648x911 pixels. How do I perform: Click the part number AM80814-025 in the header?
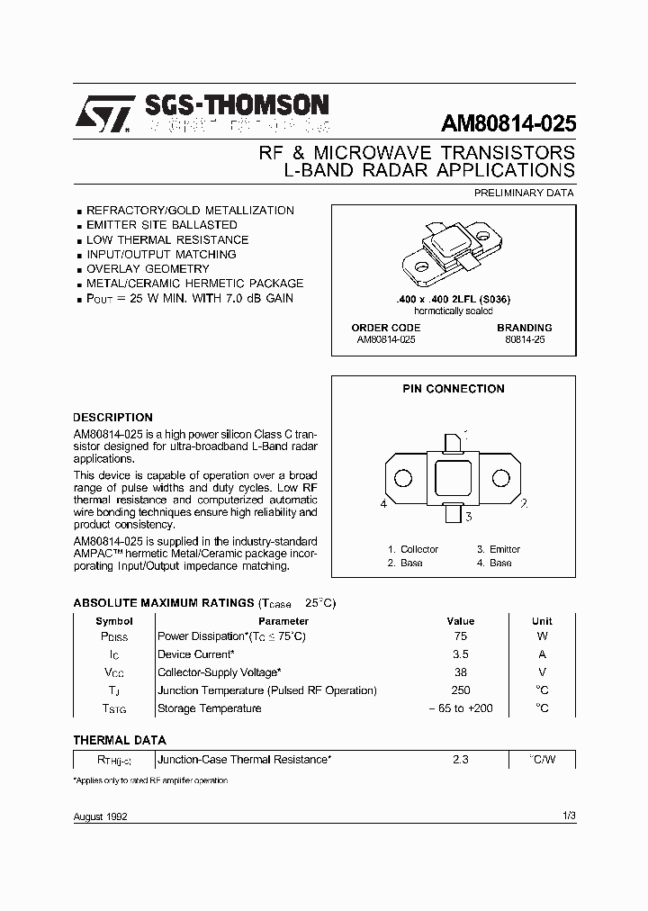click(x=508, y=123)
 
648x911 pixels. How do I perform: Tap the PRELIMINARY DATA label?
click(x=523, y=193)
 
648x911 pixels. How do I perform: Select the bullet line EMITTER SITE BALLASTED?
click(x=161, y=225)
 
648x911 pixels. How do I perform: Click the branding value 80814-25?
click(x=525, y=340)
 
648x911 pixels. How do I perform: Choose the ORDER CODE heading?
click(x=385, y=328)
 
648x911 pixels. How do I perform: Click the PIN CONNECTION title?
click(x=453, y=389)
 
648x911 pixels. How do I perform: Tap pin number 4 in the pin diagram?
click(x=383, y=504)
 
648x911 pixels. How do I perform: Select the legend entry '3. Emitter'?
click(x=498, y=549)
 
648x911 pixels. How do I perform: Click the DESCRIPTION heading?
click(x=112, y=418)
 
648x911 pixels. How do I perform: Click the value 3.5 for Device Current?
click(x=460, y=655)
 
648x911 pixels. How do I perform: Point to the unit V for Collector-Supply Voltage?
click(x=542, y=673)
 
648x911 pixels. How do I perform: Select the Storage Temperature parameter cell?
click(x=210, y=708)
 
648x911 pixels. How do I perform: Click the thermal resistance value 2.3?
click(x=460, y=760)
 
